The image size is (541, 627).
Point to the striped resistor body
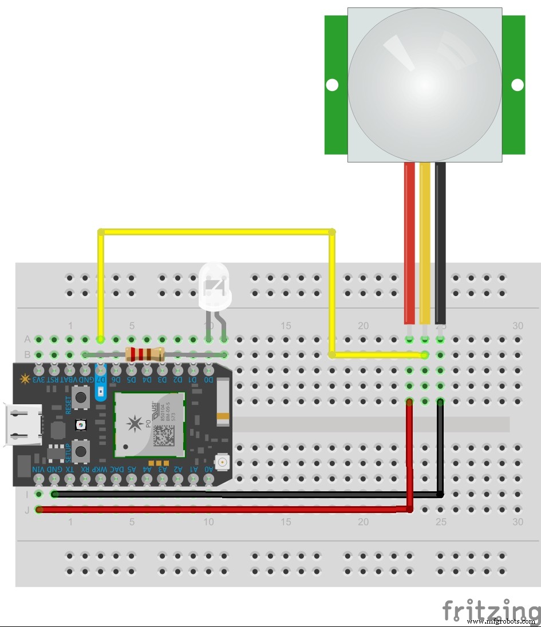coord(144,354)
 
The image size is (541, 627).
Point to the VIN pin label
coord(38,470)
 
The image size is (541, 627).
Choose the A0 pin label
coord(209,470)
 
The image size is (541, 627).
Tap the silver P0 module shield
coord(149,424)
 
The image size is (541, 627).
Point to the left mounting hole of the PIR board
coord(332,85)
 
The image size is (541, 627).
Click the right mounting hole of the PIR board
coord(517,85)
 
